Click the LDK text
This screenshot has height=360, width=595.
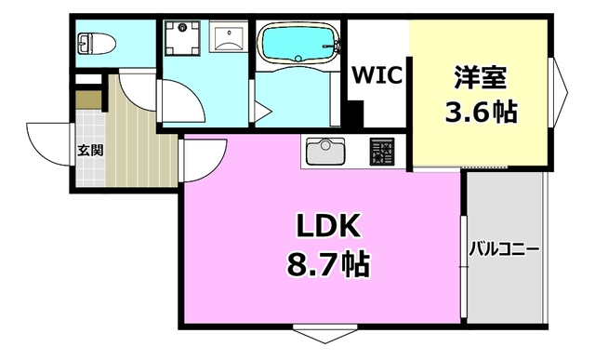(x=321, y=226)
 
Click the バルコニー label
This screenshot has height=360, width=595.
(x=504, y=248)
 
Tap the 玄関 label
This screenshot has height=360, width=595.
(x=90, y=150)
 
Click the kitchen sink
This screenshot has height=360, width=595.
(x=324, y=152)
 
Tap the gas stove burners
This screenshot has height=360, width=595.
(x=382, y=152)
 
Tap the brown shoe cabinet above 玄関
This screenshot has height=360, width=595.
(x=87, y=100)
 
